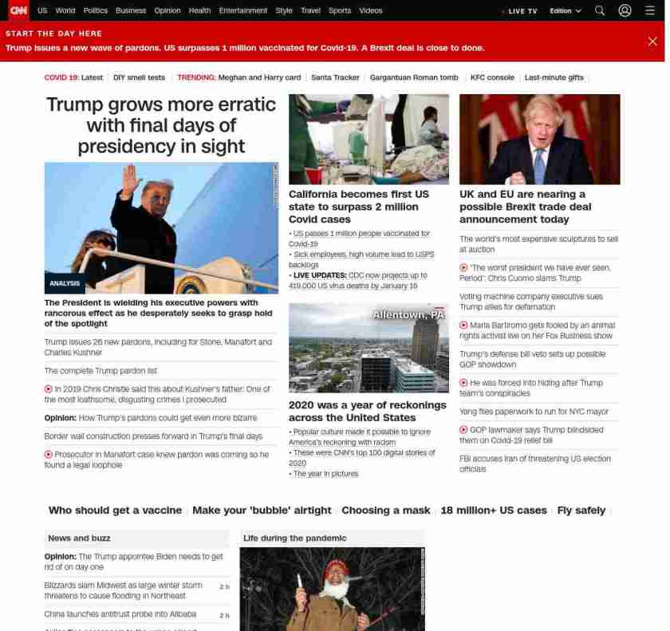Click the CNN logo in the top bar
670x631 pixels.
18,10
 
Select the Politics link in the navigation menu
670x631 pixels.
96,11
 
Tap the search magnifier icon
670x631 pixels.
600,11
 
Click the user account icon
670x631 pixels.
625,11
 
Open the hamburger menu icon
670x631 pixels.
650,11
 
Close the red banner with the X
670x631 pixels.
652,41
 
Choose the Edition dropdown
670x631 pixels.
565,11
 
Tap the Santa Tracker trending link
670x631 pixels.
335,77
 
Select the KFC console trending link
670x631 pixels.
492,77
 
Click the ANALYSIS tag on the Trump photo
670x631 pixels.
65,283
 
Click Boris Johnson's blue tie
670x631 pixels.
539,165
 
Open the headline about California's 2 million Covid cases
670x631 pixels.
359,207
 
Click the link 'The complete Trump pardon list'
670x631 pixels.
100,371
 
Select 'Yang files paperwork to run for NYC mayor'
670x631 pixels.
534,412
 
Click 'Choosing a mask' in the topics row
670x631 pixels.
386,511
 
